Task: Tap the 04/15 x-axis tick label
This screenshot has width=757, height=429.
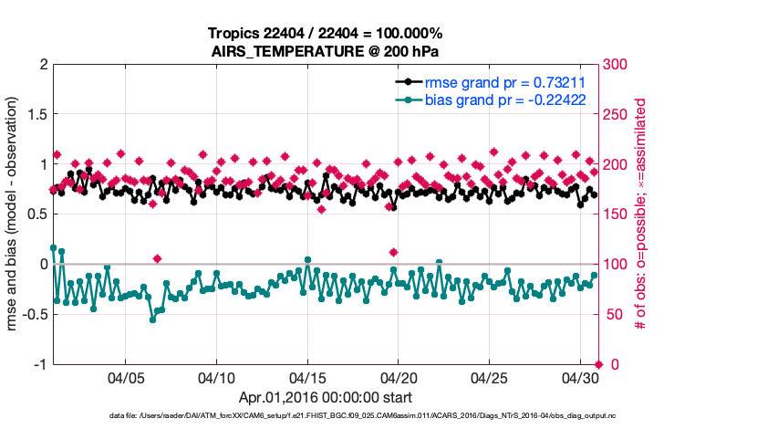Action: pyautogui.click(x=307, y=378)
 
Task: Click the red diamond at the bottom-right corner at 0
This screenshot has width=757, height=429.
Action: pyautogui.click(x=597, y=364)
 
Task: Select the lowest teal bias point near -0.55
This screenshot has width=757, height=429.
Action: pyautogui.click(x=152, y=319)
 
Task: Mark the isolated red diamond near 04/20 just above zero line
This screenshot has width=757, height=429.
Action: pyautogui.click(x=393, y=252)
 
